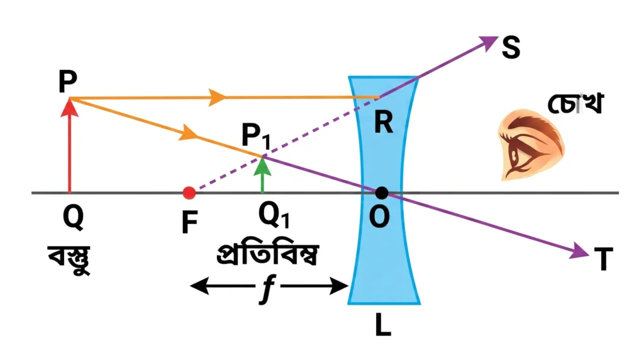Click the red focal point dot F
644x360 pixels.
pos(189,193)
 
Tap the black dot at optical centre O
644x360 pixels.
pos(382,193)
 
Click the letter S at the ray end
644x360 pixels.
pos(511,48)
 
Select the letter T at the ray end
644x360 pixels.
pos(603,259)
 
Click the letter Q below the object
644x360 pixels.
pos(73,218)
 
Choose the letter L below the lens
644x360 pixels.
pos(383,326)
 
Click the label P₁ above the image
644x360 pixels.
pos(256,136)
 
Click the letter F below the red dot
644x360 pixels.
pos(190,222)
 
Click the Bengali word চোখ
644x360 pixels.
pos(575,103)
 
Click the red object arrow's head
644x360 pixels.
pos(69,108)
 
